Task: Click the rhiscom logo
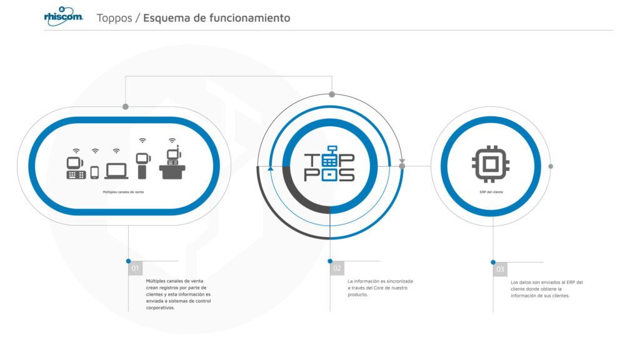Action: coord(63,16)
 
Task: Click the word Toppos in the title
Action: coord(114,18)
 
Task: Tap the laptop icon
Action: coord(116,171)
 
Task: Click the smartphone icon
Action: coord(95,172)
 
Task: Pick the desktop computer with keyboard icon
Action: coord(76,168)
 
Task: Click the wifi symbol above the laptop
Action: coord(116,151)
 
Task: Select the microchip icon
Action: coord(491,164)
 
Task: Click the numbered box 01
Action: coord(135,268)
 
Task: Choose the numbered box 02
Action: coord(337,268)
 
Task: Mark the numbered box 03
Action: coord(500,269)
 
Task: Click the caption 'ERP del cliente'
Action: coord(491,192)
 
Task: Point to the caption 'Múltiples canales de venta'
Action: coord(123,192)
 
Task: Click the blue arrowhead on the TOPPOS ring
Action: coord(270,167)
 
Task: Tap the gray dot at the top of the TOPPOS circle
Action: coord(332,95)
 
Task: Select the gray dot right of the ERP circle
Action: coord(551,166)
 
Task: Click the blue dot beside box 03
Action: coord(493,262)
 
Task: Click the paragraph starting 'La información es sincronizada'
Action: coord(380,287)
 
